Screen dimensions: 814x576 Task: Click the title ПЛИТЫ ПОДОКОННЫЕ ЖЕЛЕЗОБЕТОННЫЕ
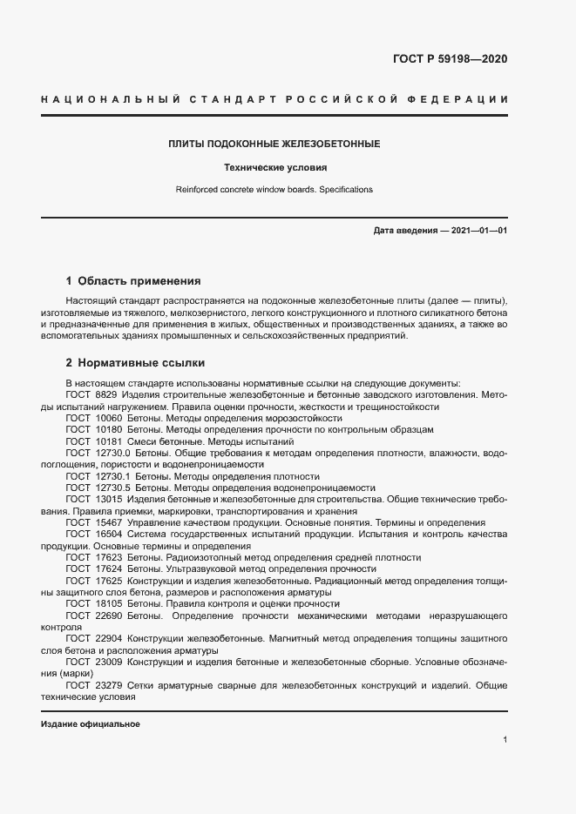pos(274,143)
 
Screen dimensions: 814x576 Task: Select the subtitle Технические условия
pos(274,167)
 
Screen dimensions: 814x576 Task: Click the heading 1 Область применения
pos(133,281)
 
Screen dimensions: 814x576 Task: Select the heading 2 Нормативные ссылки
pos(135,362)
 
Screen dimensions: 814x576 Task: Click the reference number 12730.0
pos(110,454)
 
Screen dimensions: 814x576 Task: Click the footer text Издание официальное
pos(90,724)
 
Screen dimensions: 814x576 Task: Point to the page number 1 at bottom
pos(505,740)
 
